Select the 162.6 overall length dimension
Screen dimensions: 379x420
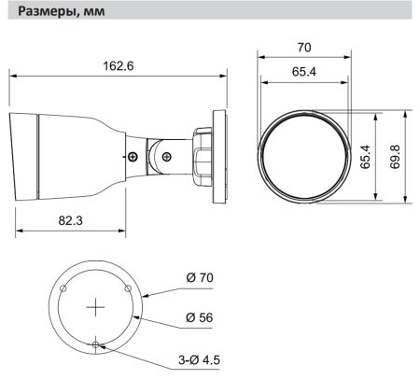point(119,65)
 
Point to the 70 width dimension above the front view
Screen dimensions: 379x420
point(304,46)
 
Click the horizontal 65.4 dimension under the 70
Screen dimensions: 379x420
point(304,71)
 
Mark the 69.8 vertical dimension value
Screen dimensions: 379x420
point(396,154)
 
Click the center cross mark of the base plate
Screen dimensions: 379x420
point(97,305)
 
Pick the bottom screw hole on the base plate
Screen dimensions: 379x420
point(97,344)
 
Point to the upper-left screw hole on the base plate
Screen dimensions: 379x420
point(63,288)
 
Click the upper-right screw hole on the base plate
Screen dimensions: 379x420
point(131,288)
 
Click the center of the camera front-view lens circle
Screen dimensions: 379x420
point(304,154)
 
